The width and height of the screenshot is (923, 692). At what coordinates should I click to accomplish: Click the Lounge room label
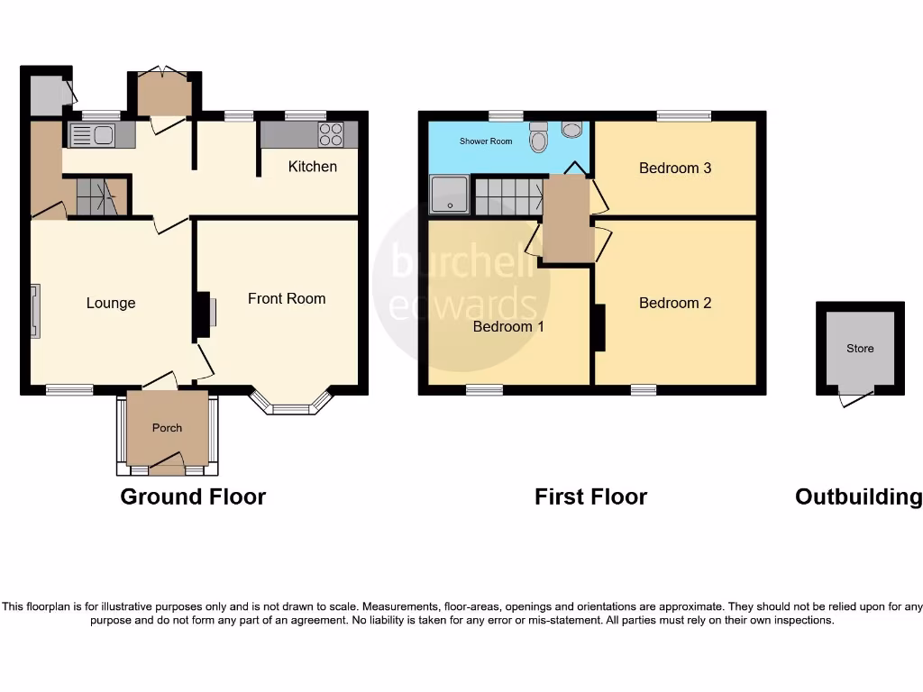[x=111, y=304]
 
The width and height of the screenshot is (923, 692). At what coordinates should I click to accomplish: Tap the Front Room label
[x=287, y=298]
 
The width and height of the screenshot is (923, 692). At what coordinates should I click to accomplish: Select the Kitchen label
[x=313, y=167]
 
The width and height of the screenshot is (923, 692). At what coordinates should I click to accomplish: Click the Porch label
[x=167, y=428]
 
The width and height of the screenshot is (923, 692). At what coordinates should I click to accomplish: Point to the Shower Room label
[x=486, y=141]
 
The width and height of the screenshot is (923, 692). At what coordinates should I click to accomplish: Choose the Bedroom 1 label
[x=508, y=326]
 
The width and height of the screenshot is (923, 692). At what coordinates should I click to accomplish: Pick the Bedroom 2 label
[x=675, y=304]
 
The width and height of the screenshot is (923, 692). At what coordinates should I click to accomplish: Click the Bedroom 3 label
[x=675, y=168]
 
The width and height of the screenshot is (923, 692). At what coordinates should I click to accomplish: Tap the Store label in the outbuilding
[x=860, y=349]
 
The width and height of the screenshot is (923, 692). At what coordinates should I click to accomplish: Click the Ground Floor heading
[x=193, y=496]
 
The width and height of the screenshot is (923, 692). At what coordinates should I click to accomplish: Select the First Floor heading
[x=590, y=496]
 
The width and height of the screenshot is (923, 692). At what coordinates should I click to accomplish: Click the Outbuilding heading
[x=858, y=496]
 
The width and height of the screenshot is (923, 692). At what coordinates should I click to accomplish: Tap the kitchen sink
[x=91, y=135]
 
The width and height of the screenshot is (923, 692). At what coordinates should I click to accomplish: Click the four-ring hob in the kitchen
[x=331, y=134]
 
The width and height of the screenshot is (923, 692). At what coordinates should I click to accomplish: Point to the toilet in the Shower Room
[x=539, y=137]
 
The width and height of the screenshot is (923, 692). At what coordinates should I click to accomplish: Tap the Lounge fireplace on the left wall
[x=35, y=311]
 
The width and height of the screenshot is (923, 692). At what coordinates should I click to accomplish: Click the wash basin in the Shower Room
[x=571, y=130]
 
